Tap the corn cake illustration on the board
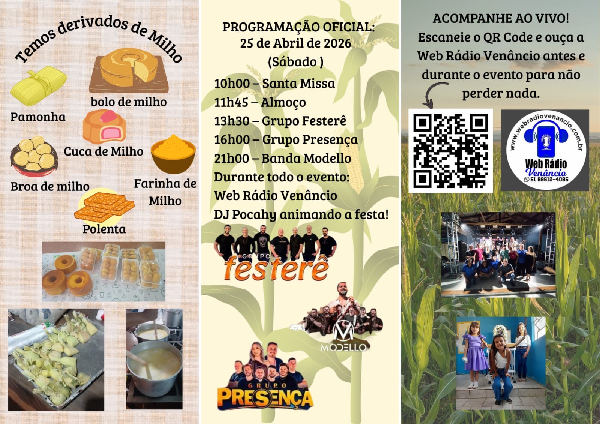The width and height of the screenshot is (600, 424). pos(129,71)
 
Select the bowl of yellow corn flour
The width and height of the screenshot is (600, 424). pos(173,154)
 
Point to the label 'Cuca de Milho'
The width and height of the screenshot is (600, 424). pos(103,151)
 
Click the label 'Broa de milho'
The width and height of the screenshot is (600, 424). pos(50,186)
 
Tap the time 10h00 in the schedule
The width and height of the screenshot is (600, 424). pos(232,83)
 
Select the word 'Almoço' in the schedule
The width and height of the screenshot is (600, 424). pos(283,103)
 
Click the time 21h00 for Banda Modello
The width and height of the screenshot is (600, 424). pos(231,158)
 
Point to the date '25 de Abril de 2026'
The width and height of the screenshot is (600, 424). pos(296,43)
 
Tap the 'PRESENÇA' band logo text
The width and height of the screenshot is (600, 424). pos(265,397)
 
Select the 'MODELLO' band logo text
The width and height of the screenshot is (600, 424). pos(343,348)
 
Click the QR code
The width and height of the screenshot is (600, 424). pos(450,151)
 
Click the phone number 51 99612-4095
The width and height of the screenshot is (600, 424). pos(546,179)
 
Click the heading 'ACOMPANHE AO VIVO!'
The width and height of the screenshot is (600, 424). pos(501,18)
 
